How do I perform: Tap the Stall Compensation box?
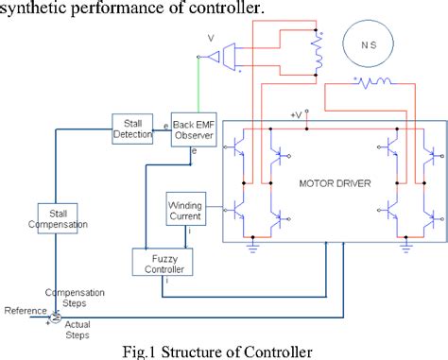(x=63, y=218)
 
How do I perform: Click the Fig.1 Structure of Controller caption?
(x=223, y=351)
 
